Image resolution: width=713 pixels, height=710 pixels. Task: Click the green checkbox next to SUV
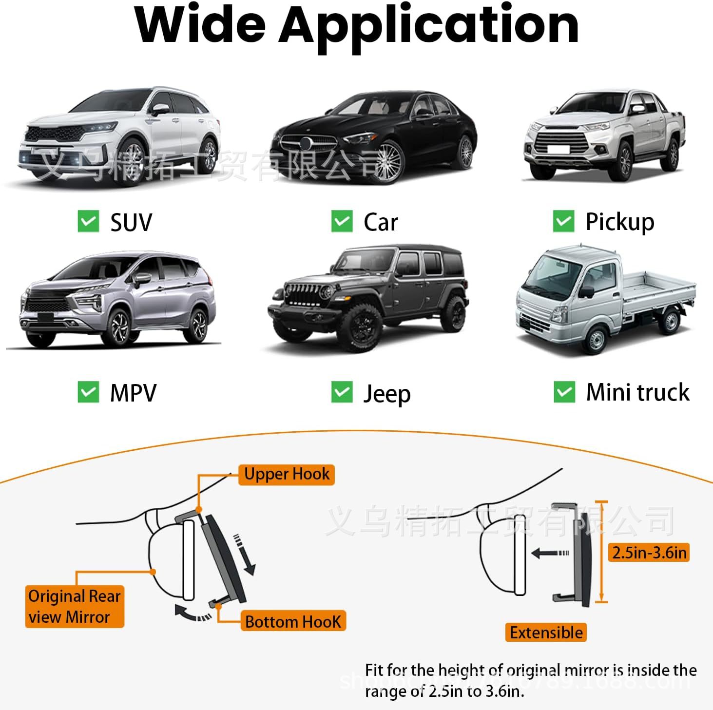pyautogui.click(x=88, y=221)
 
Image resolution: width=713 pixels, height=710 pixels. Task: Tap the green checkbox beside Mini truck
pyautogui.click(x=564, y=392)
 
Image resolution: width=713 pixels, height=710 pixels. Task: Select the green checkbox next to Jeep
pyautogui.click(x=342, y=392)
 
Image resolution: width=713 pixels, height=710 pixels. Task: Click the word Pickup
pyautogui.click(x=619, y=222)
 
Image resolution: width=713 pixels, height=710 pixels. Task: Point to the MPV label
pyautogui.click(x=133, y=393)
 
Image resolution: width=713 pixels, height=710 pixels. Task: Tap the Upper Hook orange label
pyautogui.click(x=287, y=474)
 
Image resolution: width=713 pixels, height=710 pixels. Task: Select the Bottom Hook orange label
pyautogui.click(x=293, y=621)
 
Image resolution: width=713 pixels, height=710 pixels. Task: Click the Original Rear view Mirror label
pyautogui.click(x=74, y=606)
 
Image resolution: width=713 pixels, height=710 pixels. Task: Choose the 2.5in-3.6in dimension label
pyautogui.click(x=649, y=553)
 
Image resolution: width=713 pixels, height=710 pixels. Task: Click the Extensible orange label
pyautogui.click(x=546, y=633)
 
